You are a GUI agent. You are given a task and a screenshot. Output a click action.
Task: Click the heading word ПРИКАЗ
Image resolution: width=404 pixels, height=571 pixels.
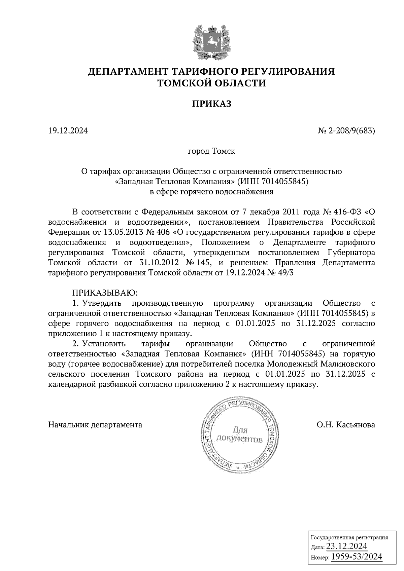(x=211, y=104)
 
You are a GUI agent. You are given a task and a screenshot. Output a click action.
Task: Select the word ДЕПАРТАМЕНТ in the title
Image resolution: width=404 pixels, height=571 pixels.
(x=128, y=72)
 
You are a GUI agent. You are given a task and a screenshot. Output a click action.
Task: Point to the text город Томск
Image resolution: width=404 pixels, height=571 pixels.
(x=211, y=151)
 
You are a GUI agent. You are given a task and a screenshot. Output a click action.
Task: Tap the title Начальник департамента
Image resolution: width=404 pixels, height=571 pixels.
(x=95, y=425)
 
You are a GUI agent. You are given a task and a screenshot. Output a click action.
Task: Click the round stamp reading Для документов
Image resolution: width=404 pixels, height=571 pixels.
(x=238, y=434)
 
